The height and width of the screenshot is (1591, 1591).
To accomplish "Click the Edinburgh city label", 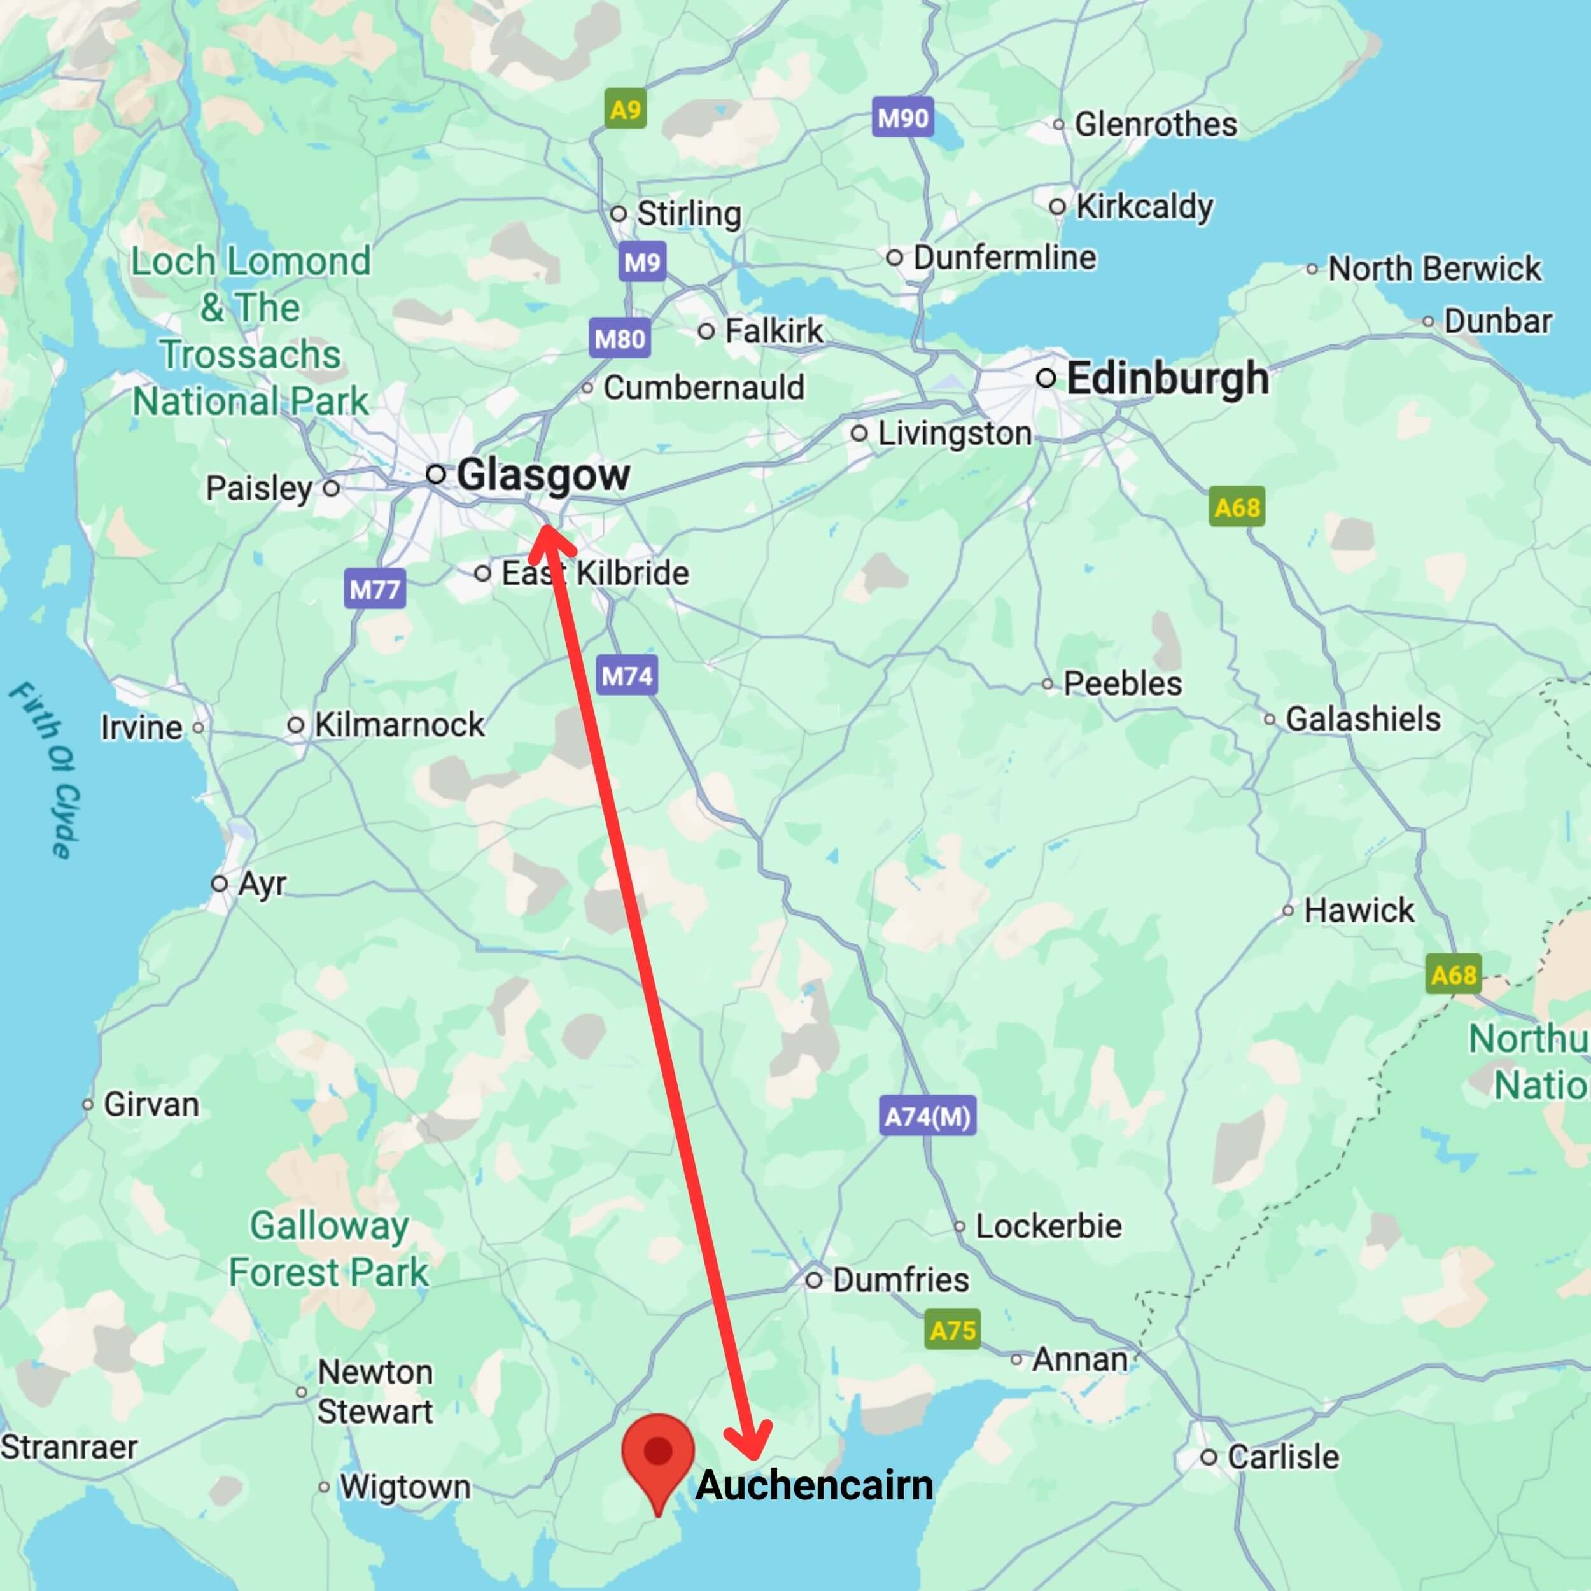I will click(1167, 379).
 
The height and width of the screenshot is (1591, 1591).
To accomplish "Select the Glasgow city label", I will click(543, 475).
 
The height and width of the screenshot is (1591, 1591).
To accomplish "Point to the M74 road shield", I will click(627, 676).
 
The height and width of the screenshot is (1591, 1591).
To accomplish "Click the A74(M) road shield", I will click(927, 1117).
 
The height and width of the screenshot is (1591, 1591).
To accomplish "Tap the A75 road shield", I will click(952, 1330).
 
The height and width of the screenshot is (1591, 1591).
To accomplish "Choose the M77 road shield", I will click(375, 590).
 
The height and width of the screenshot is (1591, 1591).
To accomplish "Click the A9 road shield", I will click(625, 109).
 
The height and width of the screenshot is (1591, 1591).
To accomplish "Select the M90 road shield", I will click(902, 118).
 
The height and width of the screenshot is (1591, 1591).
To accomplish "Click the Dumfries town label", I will click(900, 1280).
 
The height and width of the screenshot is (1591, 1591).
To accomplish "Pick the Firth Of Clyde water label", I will click(47, 770).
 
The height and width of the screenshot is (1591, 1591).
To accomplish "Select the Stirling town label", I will click(689, 213).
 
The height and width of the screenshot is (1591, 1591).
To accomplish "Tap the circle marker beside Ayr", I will click(219, 883).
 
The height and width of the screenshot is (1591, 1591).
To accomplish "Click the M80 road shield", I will click(619, 339).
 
